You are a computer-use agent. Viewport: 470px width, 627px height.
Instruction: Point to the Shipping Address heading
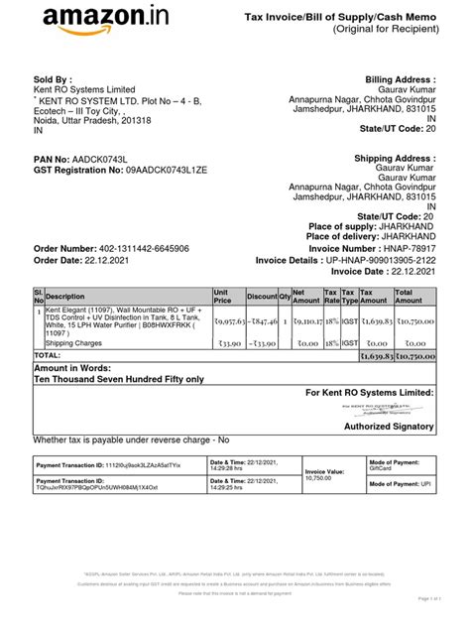point(396,159)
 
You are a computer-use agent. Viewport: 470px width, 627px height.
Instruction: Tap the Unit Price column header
point(223,296)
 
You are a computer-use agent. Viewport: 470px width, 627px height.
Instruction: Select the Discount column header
point(262,296)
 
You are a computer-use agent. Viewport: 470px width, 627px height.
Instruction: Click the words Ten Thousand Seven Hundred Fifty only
point(119,379)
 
